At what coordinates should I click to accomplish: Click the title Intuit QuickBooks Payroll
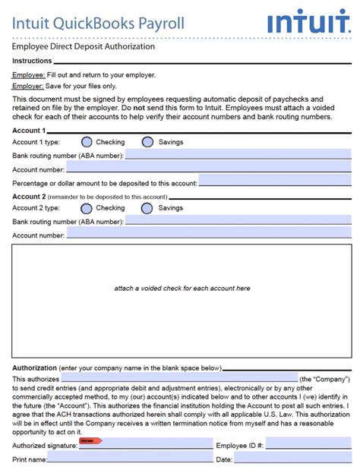pyautogui.click(x=97, y=24)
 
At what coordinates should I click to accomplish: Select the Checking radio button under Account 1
pyautogui.click(x=87, y=142)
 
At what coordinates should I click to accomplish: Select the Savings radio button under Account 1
pyautogui.click(x=147, y=142)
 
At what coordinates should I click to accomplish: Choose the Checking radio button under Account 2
pyautogui.click(x=87, y=208)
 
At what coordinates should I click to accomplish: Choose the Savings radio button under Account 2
pyautogui.click(x=147, y=208)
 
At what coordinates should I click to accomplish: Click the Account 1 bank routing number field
pyautogui.click(x=238, y=156)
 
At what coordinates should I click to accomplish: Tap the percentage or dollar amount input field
pyautogui.click(x=275, y=183)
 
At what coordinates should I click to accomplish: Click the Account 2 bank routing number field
pyautogui.click(x=238, y=222)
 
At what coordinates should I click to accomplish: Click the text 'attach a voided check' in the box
pyautogui.click(x=182, y=289)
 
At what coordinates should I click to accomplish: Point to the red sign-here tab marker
pyautogui.click(x=90, y=441)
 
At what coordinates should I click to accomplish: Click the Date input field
pyautogui.click(x=293, y=459)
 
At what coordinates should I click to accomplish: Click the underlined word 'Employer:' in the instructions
pyautogui.click(x=28, y=87)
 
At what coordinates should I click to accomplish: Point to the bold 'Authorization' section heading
pyautogui.click(x=34, y=368)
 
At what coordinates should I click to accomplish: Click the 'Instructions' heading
pyautogui.click(x=32, y=61)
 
